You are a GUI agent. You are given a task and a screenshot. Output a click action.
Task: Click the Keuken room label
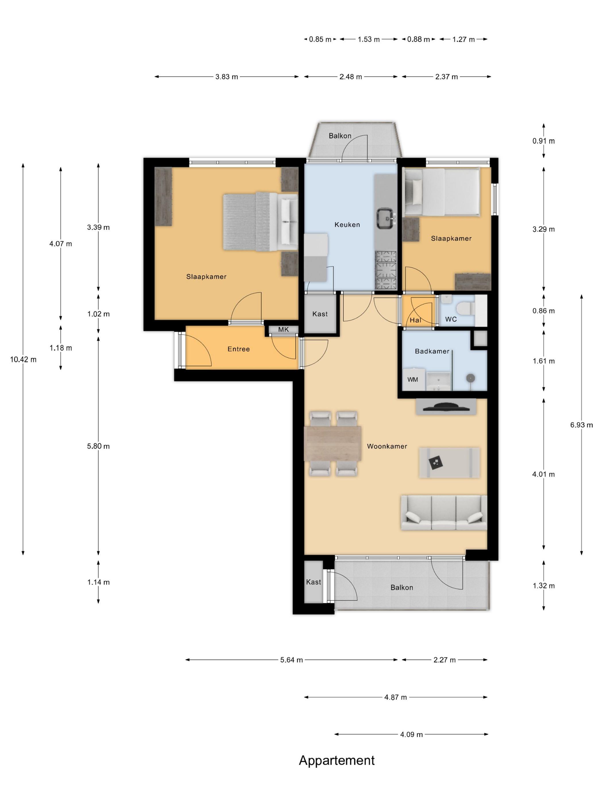coord(347,225)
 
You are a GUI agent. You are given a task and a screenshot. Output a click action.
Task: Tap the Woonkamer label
coord(387,446)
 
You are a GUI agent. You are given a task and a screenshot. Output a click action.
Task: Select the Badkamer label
coord(432,351)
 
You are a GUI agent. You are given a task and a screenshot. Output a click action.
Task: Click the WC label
coord(451,319)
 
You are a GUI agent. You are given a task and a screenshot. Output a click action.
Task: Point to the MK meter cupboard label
coord(283,329)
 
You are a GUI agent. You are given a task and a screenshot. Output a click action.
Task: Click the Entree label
coord(238,349)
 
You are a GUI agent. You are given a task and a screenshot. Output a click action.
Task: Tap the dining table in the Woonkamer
coord(333,443)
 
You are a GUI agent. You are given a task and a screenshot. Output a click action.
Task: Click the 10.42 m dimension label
coord(23,360)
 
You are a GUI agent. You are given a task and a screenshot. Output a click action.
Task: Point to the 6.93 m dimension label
coord(581,425)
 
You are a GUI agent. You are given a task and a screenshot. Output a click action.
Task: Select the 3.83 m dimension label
coord(227,77)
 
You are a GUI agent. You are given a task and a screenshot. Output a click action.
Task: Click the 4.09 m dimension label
coord(411,735)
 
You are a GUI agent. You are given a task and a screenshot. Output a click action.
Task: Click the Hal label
coord(415,320)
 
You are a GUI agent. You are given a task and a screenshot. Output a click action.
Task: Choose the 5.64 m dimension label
coord(291,660)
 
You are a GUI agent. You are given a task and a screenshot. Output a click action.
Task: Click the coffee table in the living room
coord(449,463)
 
